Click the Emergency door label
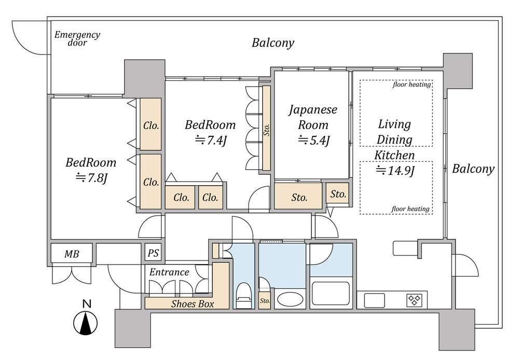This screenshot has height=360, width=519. [77, 38]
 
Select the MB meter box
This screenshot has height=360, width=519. [72, 254]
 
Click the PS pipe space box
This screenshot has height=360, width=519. [153, 254]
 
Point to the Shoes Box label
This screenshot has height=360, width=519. [193, 304]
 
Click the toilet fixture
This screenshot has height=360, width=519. [244, 295]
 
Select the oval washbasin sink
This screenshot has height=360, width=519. [290, 299]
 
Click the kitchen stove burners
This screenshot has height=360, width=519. [415, 300]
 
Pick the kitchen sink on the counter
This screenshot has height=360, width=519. [374, 300]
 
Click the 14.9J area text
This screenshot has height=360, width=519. [395, 171]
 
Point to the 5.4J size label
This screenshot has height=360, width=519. [314, 140]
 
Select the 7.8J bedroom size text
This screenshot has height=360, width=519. [91, 178]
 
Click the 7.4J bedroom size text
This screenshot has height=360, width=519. [211, 140]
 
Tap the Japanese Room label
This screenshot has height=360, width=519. [313, 117]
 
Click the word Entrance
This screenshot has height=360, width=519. [169, 272]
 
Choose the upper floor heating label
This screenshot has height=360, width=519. [412, 85]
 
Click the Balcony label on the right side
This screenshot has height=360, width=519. [473, 169]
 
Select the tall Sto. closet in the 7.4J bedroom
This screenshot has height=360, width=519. [266, 128]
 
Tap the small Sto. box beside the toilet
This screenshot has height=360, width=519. [264, 300]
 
